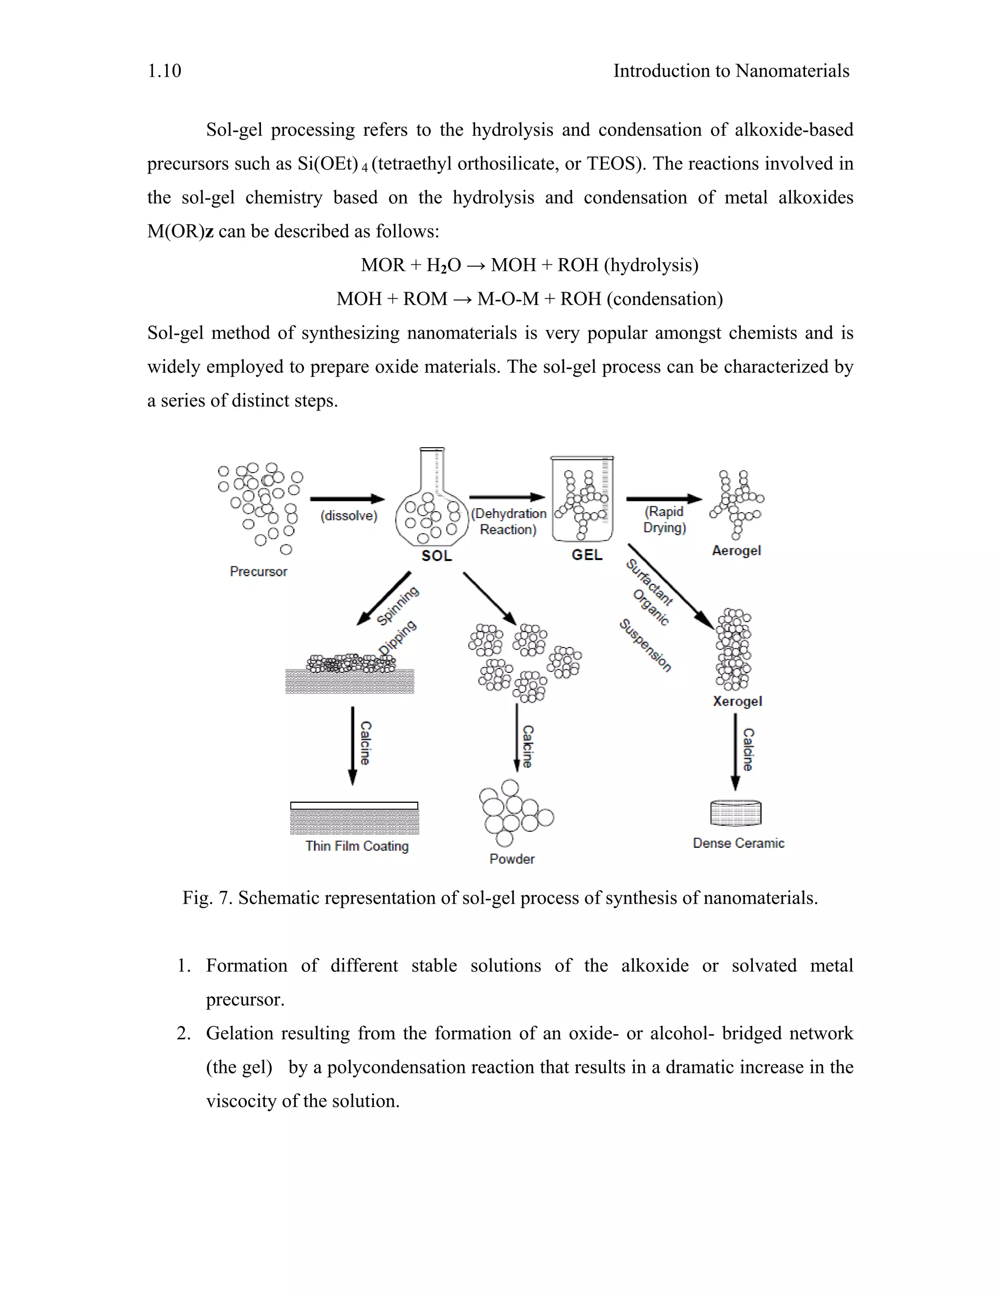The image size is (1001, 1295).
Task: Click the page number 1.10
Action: coord(164,71)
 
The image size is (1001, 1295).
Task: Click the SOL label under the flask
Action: coord(436,556)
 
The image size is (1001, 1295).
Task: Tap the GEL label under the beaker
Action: coord(587,555)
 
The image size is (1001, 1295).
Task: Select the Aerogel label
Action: coord(736,550)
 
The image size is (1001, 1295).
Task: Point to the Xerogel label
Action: coord(737,701)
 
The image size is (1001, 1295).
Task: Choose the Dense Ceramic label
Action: coord(739,843)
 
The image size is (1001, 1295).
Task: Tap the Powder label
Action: coord(512,859)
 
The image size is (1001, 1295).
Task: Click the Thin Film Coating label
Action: coord(357,846)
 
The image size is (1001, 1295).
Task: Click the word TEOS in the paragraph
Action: coord(613,164)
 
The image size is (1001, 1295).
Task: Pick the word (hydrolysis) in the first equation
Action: coord(651,265)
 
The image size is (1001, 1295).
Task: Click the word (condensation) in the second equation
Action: coord(665,299)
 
